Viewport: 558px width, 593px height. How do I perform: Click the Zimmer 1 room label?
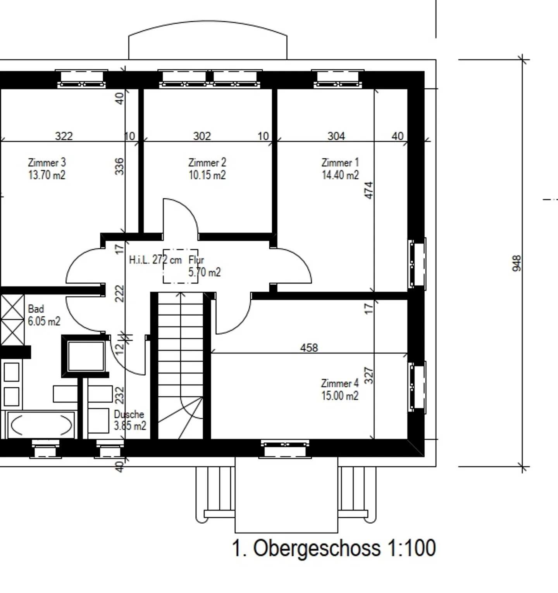[x=340, y=162]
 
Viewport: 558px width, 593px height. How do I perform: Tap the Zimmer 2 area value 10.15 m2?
[x=207, y=175]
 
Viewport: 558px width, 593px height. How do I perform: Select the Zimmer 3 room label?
[x=47, y=162]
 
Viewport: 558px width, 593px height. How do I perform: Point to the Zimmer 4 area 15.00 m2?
[x=340, y=395]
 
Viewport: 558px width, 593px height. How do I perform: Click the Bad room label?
[x=36, y=309]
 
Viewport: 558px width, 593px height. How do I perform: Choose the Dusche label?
[x=129, y=414]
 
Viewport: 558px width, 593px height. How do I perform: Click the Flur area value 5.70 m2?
[x=205, y=272]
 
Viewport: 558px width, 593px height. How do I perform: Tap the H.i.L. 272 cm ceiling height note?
[x=155, y=260]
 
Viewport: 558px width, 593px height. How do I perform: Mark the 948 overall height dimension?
[x=517, y=263]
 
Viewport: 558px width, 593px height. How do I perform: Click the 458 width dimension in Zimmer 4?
[x=309, y=348]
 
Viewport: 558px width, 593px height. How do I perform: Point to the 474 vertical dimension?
[x=369, y=190]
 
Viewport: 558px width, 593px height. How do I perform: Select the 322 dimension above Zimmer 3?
[x=64, y=136]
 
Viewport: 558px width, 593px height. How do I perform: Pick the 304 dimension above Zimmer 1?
[x=336, y=136]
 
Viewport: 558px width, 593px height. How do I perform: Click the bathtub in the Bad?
[x=41, y=425]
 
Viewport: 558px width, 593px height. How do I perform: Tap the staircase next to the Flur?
[x=181, y=366]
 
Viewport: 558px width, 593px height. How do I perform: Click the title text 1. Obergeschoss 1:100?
[x=334, y=548]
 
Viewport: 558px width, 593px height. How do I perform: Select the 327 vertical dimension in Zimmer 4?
[x=369, y=375]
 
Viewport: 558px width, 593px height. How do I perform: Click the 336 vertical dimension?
[x=120, y=166]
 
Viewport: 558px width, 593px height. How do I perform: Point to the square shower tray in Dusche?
[x=86, y=356]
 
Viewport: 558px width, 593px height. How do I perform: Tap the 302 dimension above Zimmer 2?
[x=202, y=136]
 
